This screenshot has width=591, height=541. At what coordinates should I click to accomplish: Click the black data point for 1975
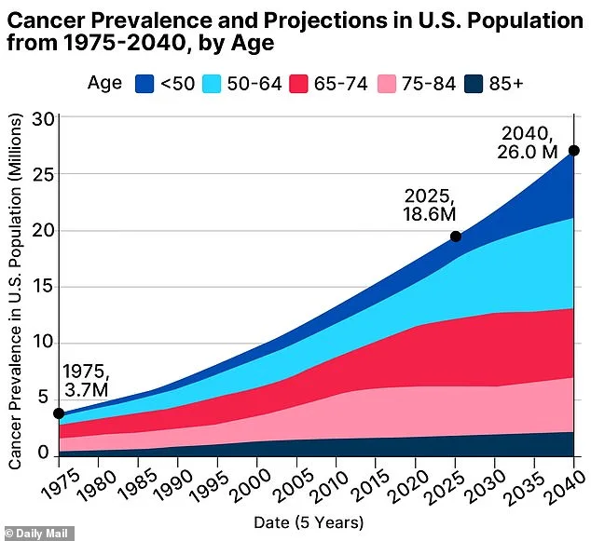[59, 413]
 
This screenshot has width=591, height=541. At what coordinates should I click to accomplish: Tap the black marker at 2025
[456, 237]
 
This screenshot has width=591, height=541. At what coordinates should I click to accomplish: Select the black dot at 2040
[574, 151]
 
